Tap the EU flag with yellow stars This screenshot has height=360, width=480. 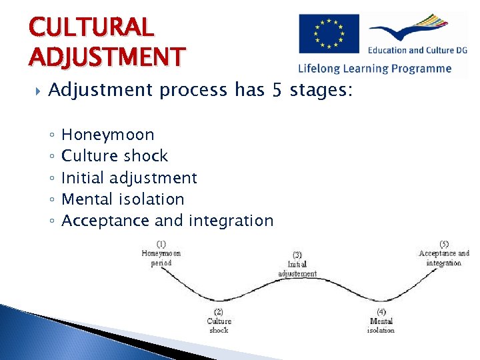pyautogui.click(x=328, y=34)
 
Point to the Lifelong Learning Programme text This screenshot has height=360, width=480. pyautogui.click(x=375, y=68)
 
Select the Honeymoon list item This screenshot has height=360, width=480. pyautogui.click(x=107, y=135)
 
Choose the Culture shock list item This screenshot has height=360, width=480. pyautogui.click(x=114, y=156)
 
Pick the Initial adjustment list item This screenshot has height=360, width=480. pyautogui.click(x=129, y=178)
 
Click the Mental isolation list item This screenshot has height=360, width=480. pyautogui.click(x=122, y=199)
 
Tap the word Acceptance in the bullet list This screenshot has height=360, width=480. pyautogui.click(x=105, y=221)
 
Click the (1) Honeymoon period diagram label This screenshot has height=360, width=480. pyautogui.click(x=161, y=253)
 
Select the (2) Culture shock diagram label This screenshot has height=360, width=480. pyautogui.click(x=219, y=321)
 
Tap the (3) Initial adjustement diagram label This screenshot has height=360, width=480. pyautogui.click(x=297, y=264)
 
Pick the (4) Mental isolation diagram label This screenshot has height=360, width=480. pyautogui.click(x=381, y=321)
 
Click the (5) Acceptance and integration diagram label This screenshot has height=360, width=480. pyautogui.click(x=444, y=253)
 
